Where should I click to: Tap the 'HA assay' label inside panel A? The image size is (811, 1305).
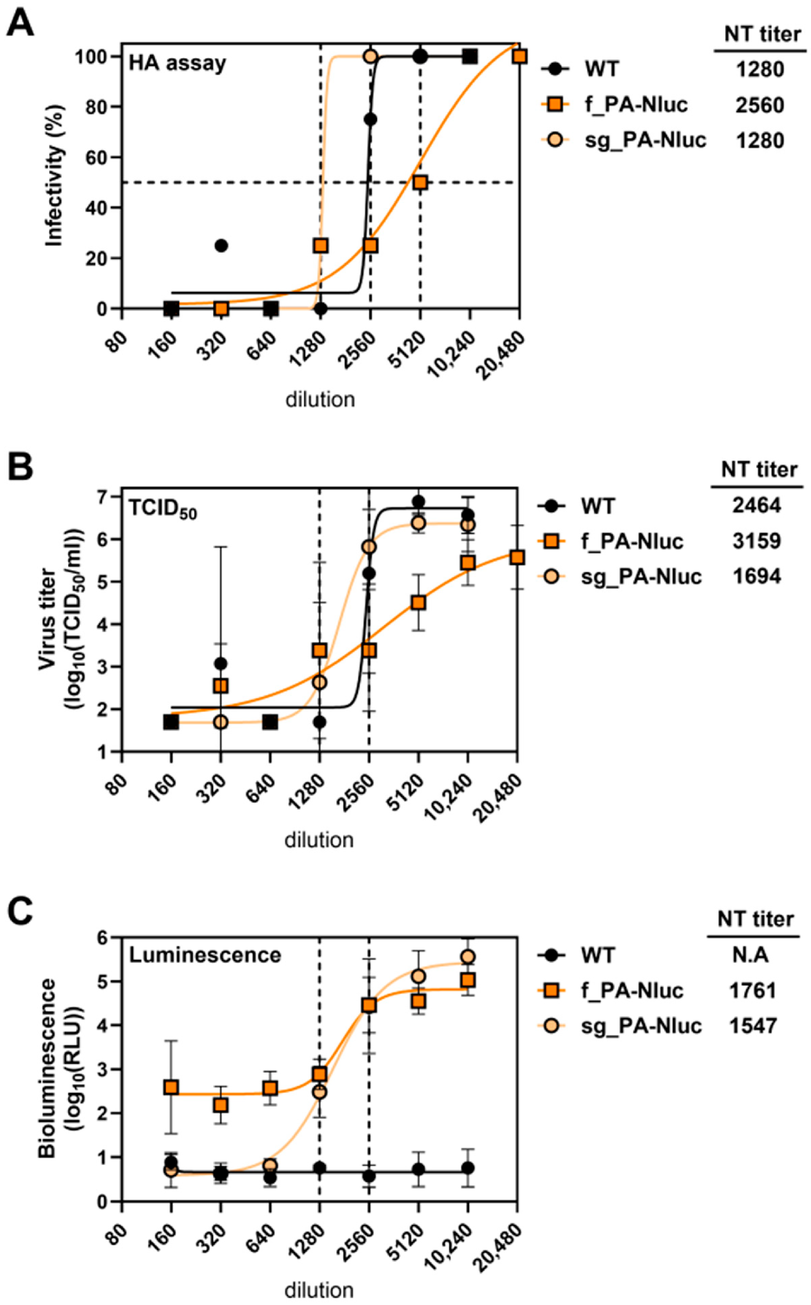click(177, 63)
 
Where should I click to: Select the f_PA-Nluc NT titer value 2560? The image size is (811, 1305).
click(759, 105)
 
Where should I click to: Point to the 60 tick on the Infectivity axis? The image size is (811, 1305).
click(97, 157)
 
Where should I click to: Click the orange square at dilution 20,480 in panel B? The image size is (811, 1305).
click(517, 557)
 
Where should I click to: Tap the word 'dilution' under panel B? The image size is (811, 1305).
click(319, 840)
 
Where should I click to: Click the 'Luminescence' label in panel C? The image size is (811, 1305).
click(205, 955)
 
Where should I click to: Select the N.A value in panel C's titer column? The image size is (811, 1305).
click(751, 955)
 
